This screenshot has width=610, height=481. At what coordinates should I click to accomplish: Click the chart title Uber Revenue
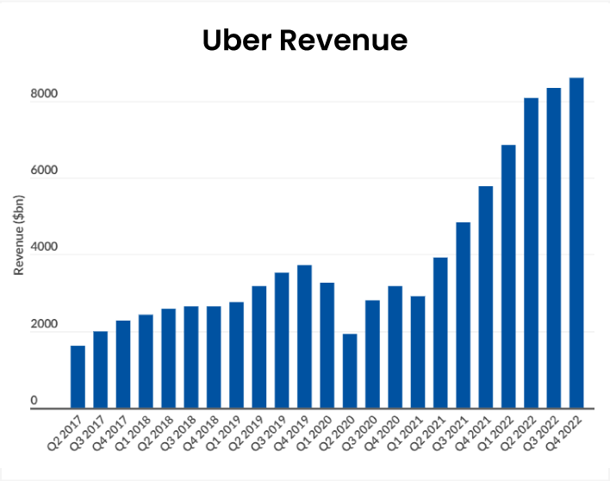(304, 41)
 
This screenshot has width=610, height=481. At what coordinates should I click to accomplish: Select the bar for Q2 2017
(78, 377)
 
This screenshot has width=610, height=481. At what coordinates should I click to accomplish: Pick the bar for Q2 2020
(350, 371)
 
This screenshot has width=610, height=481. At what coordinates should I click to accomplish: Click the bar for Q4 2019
(304, 336)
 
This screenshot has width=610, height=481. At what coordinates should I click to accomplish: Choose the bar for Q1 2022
(508, 276)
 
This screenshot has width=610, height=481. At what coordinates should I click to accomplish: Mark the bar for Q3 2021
(463, 315)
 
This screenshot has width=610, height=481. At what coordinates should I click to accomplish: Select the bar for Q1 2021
(418, 352)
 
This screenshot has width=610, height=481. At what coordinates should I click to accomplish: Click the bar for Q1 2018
(146, 361)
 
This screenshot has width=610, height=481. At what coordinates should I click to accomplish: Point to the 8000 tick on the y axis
(45, 94)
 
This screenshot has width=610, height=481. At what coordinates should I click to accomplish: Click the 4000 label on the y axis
(45, 247)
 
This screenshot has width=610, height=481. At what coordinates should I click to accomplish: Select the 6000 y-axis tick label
(45, 171)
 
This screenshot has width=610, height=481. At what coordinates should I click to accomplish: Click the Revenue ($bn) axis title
(18, 234)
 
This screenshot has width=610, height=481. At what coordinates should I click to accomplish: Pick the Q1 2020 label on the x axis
(314, 436)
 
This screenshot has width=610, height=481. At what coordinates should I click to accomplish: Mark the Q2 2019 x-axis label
(246, 436)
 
